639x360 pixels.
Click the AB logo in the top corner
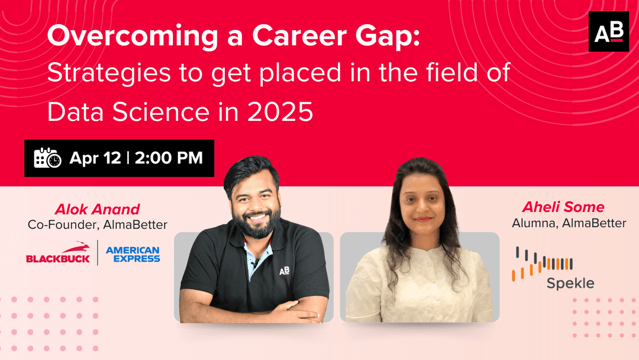(608, 32)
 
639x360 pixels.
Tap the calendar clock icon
(47, 158)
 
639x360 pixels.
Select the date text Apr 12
(95, 158)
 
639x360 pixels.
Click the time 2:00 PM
(169, 158)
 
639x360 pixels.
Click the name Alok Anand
(97, 209)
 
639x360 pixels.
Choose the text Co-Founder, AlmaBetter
(97, 225)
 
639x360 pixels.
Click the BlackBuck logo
(57, 253)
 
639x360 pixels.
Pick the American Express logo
(133, 254)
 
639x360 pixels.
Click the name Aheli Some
(563, 207)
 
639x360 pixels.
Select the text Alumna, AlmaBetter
(569, 223)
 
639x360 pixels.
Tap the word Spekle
(570, 283)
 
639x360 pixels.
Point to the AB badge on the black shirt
(285, 271)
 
